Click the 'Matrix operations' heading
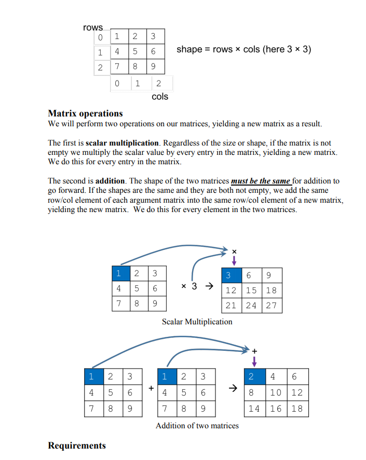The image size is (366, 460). [85, 113]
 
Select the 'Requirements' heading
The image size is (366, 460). [77, 445]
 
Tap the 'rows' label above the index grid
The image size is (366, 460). [93, 27]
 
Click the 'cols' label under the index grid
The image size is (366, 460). [160, 97]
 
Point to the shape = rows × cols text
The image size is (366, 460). [243, 50]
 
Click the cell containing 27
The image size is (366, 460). [271, 305]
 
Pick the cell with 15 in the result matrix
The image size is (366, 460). [251, 290]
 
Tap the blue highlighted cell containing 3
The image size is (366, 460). [229, 275]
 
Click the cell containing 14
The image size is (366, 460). [254, 408]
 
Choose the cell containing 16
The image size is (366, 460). [276, 408]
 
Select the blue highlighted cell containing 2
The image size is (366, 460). [252, 376]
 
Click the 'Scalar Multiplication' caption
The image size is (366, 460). [197, 322]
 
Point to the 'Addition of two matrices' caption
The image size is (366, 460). [197, 426]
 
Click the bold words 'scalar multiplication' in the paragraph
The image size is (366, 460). [122, 142]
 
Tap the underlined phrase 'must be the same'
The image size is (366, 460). [261, 181]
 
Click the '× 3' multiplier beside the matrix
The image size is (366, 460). [188, 286]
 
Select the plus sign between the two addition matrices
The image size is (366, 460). [151, 388]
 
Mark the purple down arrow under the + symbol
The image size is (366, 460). [254, 361]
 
